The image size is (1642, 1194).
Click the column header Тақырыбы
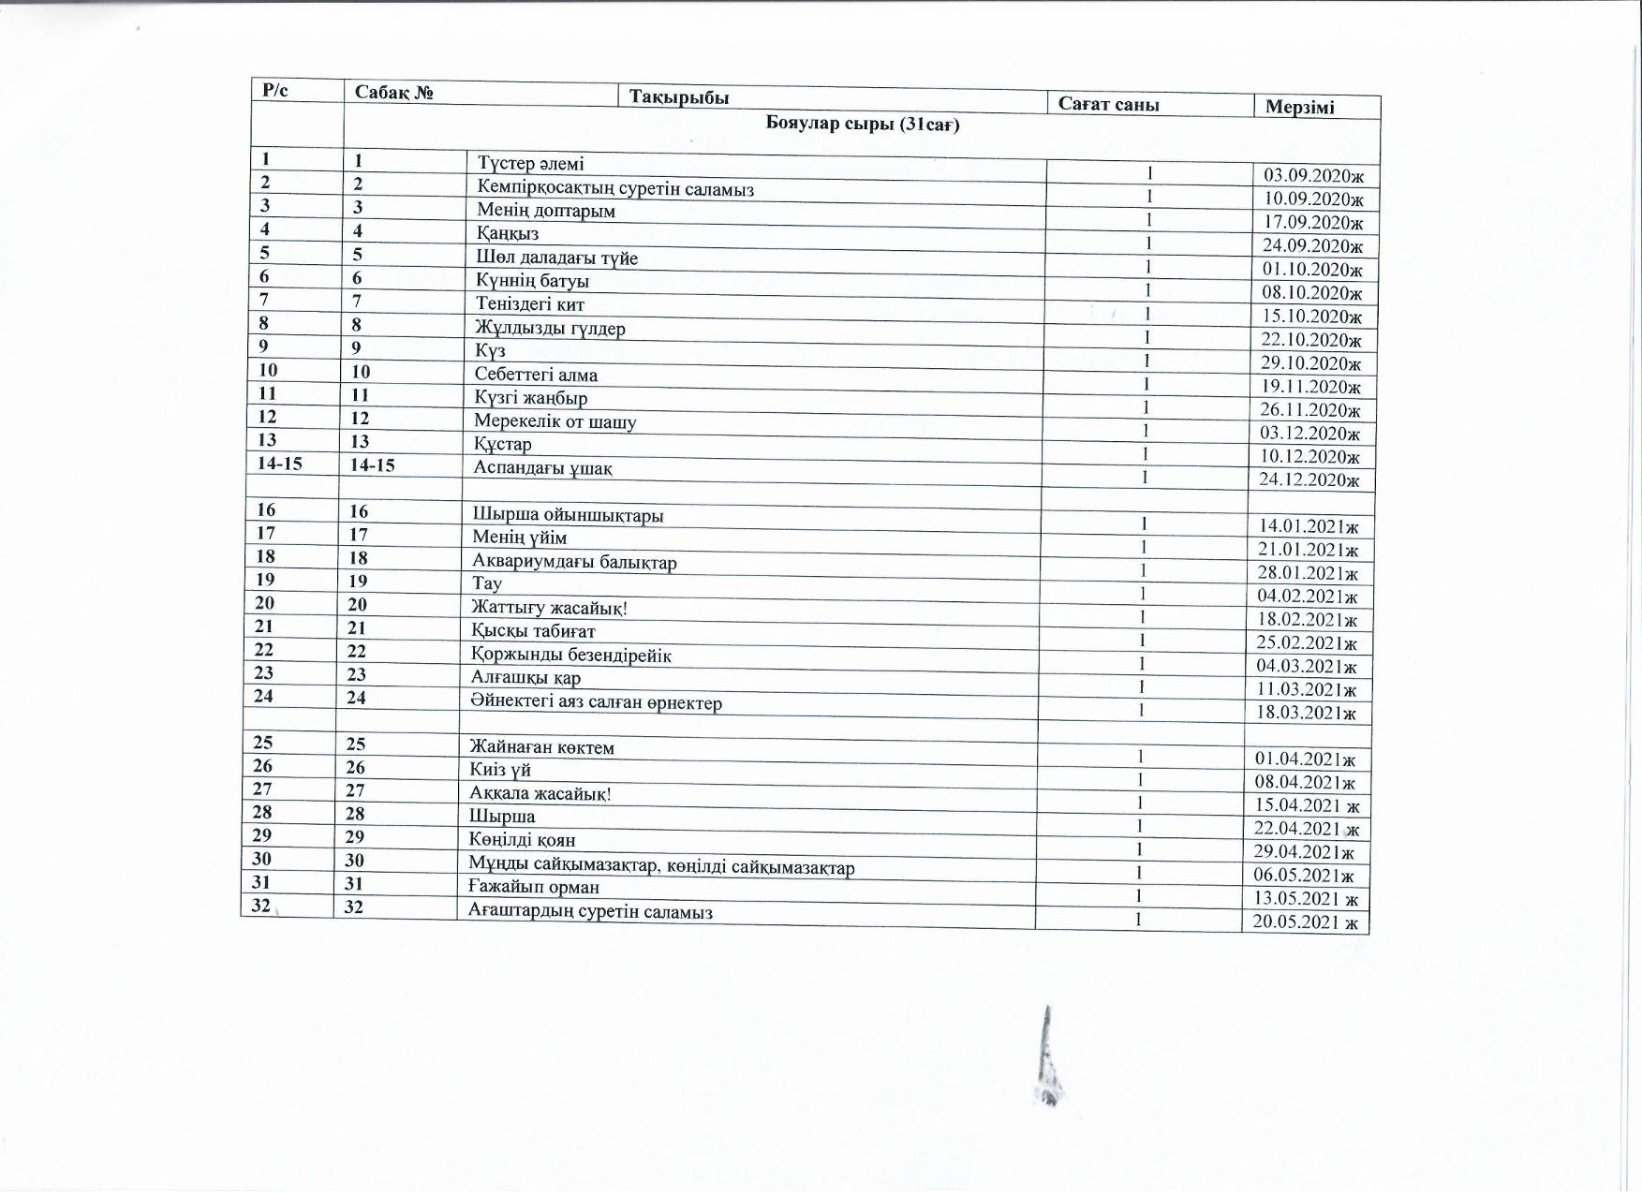[x=679, y=97]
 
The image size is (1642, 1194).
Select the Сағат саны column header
[x=1108, y=104]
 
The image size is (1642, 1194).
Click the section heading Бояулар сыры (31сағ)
[x=863, y=124]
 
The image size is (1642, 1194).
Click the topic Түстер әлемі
[x=530, y=164]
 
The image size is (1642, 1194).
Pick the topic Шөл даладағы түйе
[x=556, y=258]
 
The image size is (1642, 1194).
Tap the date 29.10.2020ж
[x=1310, y=363]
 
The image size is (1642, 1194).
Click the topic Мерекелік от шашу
[x=555, y=421]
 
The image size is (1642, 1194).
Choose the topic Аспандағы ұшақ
[x=542, y=468]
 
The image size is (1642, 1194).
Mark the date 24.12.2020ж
[x=1309, y=480]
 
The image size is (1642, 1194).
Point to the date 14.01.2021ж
[x=1309, y=526]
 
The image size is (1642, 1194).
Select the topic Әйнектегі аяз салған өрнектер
[x=596, y=702]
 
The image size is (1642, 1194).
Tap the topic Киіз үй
[x=500, y=770]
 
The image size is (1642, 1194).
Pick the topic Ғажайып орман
[x=534, y=887]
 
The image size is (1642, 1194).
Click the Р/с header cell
[x=275, y=90]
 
